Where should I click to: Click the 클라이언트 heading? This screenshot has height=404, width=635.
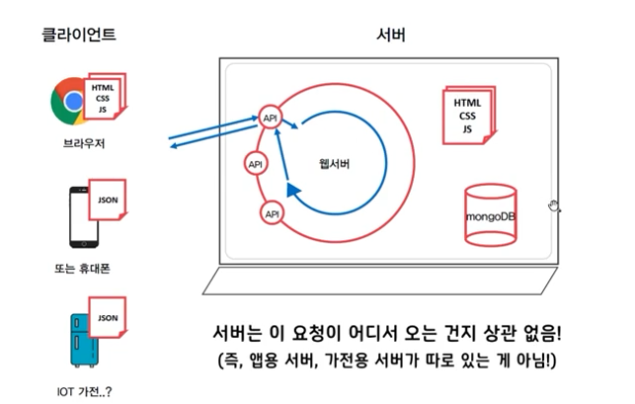[x=79, y=35]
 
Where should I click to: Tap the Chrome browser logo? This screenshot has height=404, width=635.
[x=70, y=100]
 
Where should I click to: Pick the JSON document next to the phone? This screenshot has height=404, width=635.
[x=109, y=202]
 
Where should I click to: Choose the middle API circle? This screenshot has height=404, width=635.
[x=256, y=164]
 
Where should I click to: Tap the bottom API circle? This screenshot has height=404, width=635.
[x=272, y=212]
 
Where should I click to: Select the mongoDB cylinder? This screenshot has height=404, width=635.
[x=492, y=214]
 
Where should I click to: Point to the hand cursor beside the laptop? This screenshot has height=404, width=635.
[x=555, y=204]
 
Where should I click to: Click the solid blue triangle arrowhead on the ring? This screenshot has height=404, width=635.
[x=292, y=189]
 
